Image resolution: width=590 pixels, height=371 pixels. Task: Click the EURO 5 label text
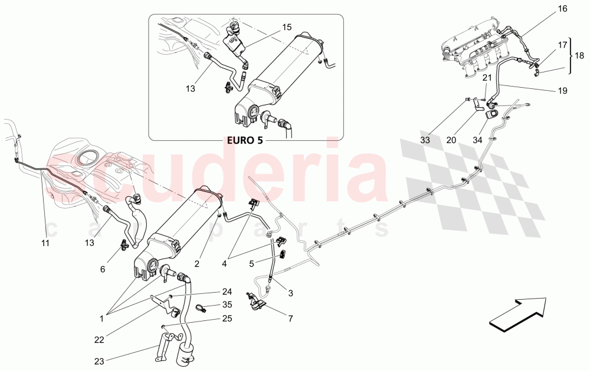245,141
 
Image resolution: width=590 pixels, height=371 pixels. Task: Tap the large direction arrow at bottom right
518,312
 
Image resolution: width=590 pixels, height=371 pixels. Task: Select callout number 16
562,9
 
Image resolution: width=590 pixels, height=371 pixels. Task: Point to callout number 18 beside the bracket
579,55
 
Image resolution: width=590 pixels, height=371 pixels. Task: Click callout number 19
562,91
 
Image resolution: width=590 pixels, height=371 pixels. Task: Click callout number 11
45,243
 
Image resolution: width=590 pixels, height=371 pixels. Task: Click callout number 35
227,304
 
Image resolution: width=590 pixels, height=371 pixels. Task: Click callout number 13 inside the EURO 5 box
191,88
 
